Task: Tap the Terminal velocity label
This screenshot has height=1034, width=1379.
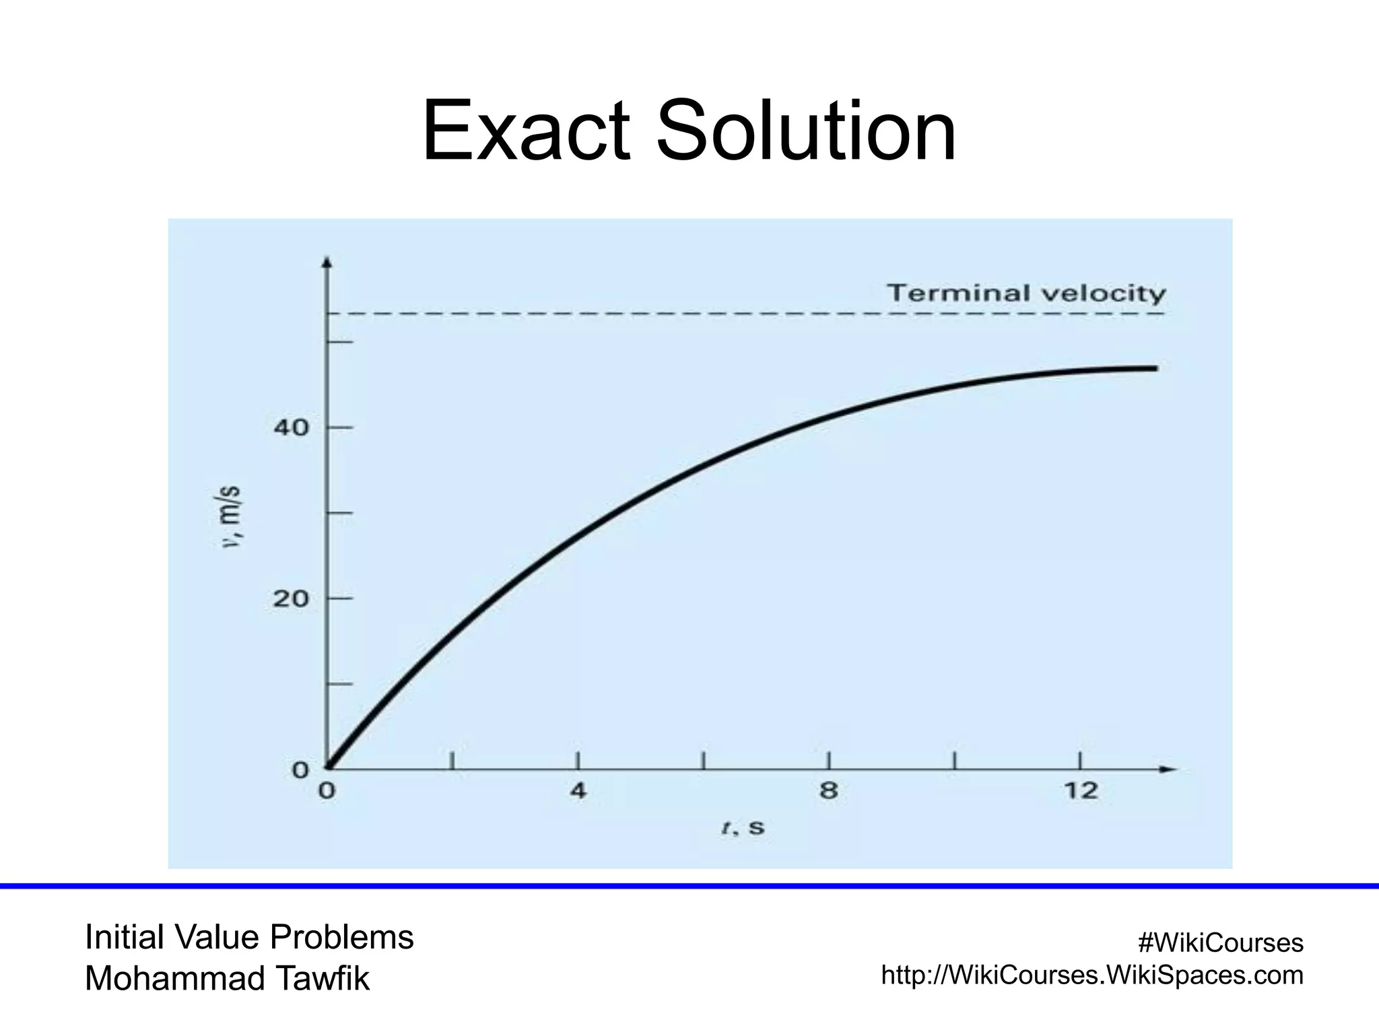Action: click(1025, 293)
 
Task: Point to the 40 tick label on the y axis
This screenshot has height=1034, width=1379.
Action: click(291, 427)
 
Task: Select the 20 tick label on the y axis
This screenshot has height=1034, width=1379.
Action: click(291, 598)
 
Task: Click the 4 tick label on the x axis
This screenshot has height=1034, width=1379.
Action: click(578, 790)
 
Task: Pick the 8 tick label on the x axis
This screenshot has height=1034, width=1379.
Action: click(829, 790)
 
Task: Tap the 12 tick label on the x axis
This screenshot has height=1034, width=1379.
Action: click(1081, 790)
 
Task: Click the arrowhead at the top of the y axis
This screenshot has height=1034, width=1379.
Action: click(327, 263)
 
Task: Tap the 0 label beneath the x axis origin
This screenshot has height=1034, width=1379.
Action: click(327, 790)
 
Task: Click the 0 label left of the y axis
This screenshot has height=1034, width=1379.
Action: click(300, 770)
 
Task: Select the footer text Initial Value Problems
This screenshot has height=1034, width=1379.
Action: click(249, 937)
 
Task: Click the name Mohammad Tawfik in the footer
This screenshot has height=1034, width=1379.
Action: click(227, 979)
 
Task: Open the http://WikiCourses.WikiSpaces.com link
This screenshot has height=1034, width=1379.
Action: click(1092, 975)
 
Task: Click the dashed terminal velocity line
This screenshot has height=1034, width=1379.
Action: click(673, 314)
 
